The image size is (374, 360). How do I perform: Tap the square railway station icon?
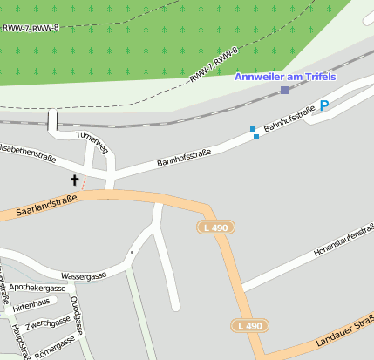point(284,90)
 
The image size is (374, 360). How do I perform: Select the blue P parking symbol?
point(324,106)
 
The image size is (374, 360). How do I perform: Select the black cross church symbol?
point(74,180)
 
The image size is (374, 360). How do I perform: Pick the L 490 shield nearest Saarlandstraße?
point(214,228)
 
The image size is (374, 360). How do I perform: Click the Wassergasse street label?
point(85,276)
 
